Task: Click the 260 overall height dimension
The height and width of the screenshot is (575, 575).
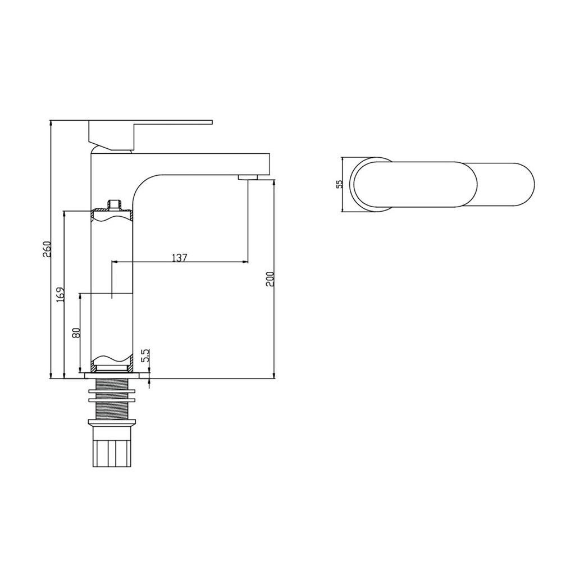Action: (x=47, y=249)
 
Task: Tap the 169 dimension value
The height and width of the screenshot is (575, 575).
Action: (x=61, y=294)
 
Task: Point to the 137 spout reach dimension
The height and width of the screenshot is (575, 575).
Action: (x=180, y=257)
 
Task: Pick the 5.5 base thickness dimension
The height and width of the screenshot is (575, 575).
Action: (x=145, y=355)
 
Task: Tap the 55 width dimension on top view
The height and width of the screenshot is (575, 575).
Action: (x=339, y=184)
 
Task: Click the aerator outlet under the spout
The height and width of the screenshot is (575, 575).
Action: (x=248, y=177)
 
